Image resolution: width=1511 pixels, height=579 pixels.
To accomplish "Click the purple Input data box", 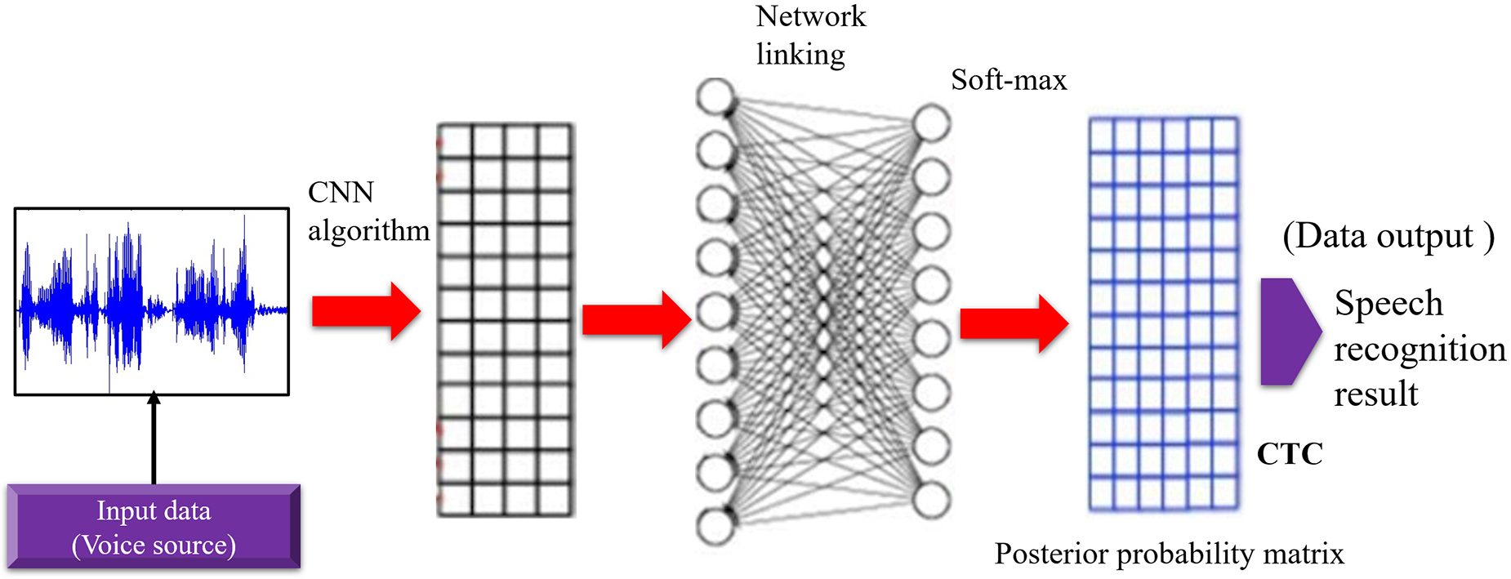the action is tap(154, 527).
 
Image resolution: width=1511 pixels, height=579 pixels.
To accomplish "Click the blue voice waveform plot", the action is tap(152, 301).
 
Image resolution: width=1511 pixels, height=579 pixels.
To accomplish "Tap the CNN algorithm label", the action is tap(368, 212).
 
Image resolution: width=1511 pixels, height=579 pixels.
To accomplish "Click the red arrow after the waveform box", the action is tap(365, 311).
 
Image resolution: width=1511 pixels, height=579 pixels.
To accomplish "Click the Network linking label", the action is tap(809, 35).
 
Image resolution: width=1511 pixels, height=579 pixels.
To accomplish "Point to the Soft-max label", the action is tap(1009, 80).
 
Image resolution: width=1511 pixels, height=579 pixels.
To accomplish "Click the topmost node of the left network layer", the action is tap(715, 96).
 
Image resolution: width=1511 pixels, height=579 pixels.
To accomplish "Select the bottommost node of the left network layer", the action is tap(715, 526).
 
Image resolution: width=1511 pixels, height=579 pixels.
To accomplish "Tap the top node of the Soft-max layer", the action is tap(931, 123).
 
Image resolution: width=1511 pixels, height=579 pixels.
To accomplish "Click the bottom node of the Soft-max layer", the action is tap(931, 500).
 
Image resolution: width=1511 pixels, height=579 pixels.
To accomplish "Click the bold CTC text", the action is tap(1289, 453).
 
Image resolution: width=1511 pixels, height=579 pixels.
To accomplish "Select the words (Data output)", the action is tap(1388, 236).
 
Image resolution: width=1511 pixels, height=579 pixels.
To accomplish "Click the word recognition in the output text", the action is tap(1420, 349).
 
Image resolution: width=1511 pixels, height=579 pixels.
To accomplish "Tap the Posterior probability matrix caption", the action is tap(1169, 554).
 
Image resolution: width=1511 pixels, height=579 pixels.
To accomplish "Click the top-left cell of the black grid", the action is tap(455, 141).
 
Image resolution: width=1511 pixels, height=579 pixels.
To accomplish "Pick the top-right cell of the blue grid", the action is tap(1225, 135).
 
